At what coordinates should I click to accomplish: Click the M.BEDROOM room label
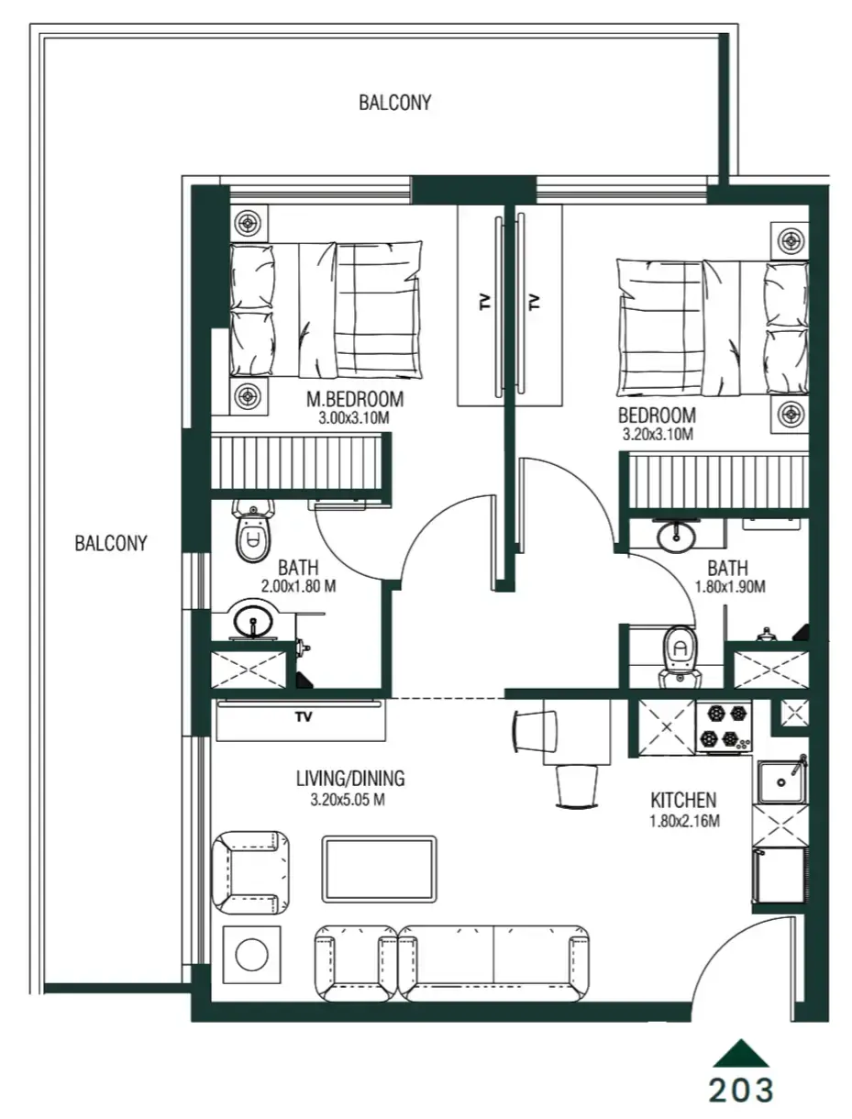point(354,399)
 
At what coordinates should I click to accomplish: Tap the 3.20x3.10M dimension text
point(656,434)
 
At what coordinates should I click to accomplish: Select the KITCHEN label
point(683,800)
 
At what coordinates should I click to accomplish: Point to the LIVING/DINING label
point(350,780)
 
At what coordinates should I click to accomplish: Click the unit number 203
point(741,1090)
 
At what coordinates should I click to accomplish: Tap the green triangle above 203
point(741,1053)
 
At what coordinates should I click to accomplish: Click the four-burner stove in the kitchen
point(724,726)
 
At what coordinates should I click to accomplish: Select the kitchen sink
point(780,781)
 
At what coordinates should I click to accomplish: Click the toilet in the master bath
point(251,532)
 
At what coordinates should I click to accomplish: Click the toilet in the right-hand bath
point(680,653)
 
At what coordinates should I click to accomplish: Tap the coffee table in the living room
point(379,869)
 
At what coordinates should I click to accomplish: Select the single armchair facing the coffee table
point(249,873)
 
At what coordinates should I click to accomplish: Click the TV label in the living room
point(303,717)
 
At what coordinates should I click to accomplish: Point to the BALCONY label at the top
point(394,103)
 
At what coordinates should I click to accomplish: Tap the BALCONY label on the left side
point(110,543)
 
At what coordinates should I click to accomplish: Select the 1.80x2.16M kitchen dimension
point(684,821)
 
